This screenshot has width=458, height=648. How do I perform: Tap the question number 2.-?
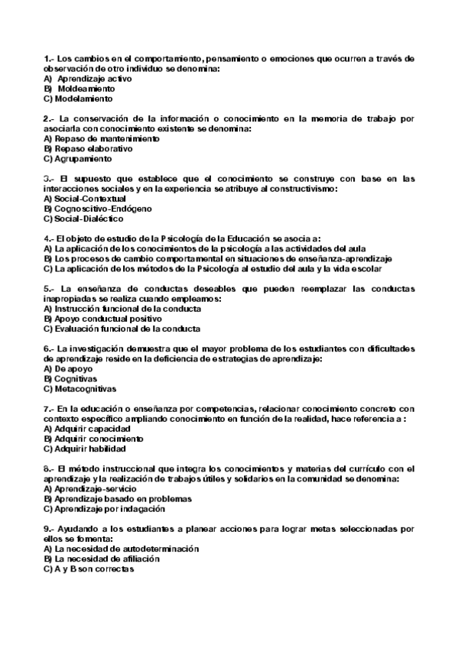tap(50, 118)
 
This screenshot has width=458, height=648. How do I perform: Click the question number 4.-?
tap(49, 238)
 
